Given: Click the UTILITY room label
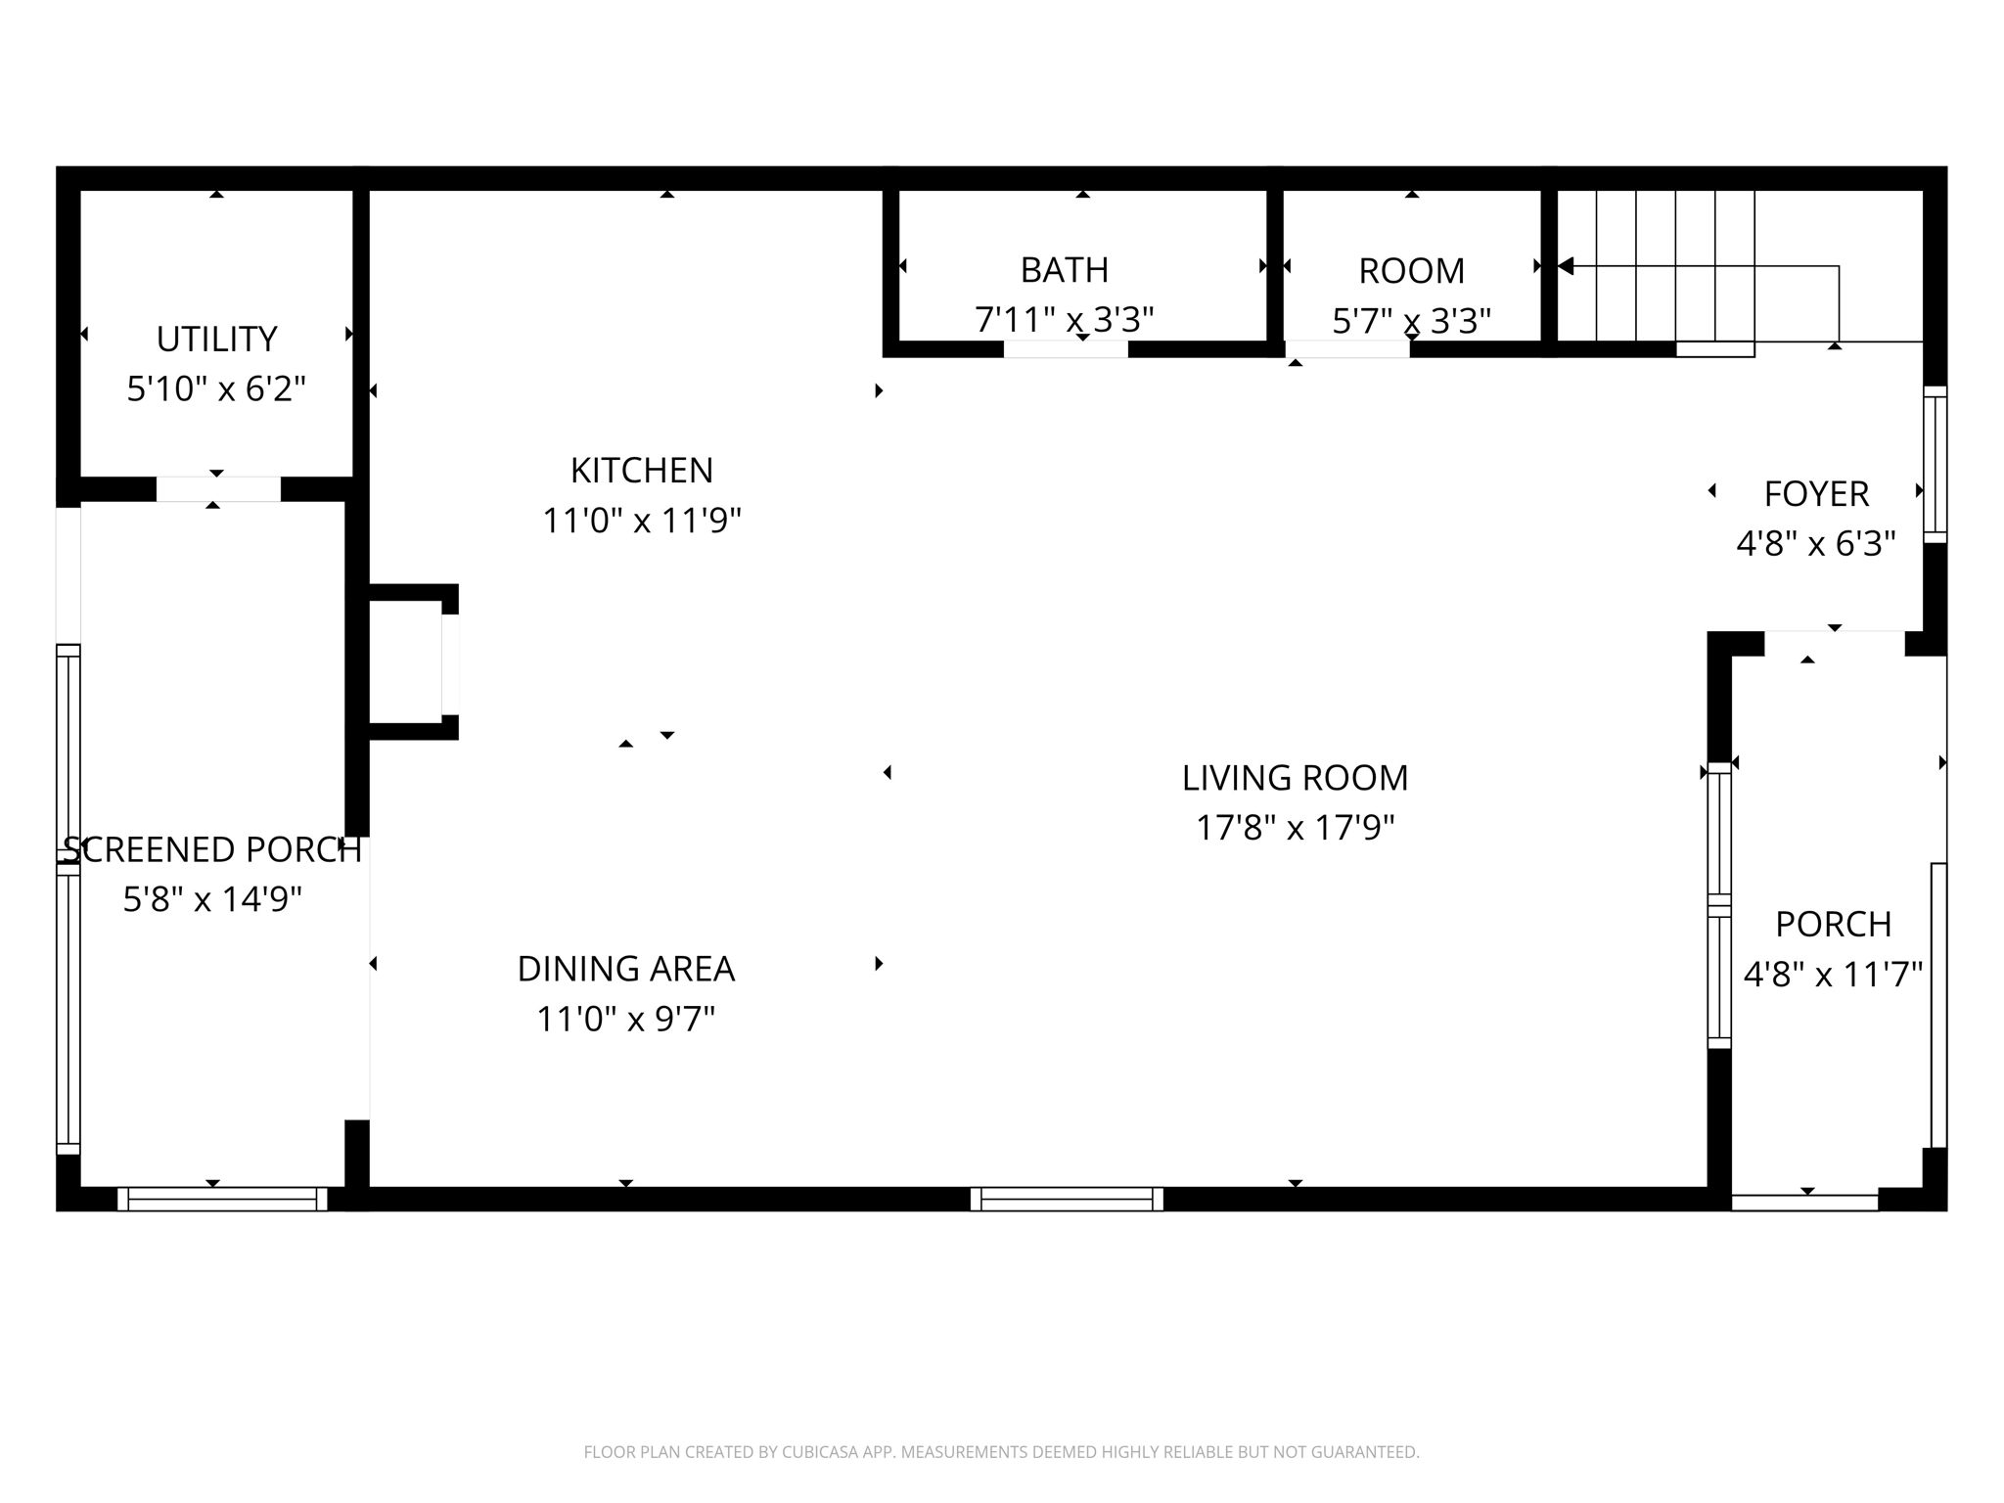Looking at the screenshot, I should [216, 339].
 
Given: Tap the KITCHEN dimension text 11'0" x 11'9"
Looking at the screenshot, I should [641, 521].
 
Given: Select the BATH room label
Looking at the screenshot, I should [1064, 269].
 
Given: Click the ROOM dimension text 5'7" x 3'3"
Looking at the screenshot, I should [1411, 320].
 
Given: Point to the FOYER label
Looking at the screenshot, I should [1816, 493].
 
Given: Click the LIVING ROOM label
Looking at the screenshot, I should [1295, 778].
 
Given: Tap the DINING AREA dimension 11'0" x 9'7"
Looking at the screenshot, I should [625, 1020].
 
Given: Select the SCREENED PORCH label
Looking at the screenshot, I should [212, 849].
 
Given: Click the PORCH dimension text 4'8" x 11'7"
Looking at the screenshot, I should [1833, 975].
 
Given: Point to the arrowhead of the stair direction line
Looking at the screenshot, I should [1566, 265].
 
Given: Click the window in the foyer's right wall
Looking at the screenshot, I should [1935, 465].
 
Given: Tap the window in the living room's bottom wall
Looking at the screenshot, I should [1067, 1199].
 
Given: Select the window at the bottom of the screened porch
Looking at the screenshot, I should [222, 1199].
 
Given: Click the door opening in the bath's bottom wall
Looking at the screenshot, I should [1066, 349].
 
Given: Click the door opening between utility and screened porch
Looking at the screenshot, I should [218, 488].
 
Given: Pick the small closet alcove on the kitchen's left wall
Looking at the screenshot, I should [405, 661].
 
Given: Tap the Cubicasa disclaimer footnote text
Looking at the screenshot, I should [1001, 1452].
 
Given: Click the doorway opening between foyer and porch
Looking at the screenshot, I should [1834, 644].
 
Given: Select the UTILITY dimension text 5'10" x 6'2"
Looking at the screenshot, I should [216, 389].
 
